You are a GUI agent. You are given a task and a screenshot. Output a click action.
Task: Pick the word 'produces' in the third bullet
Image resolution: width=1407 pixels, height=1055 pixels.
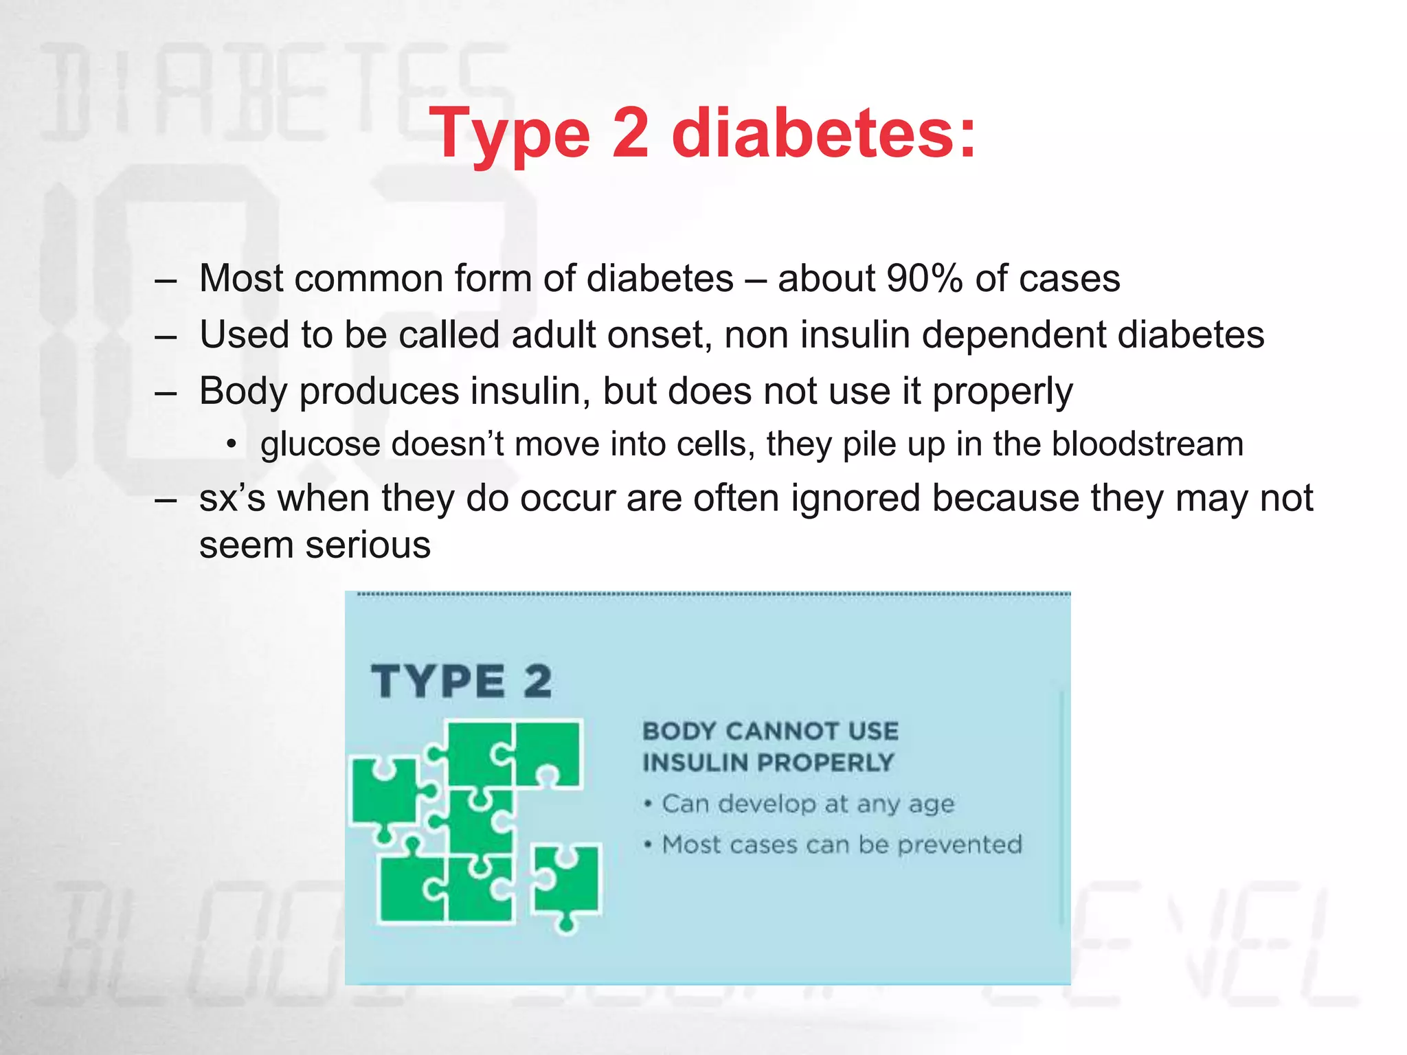click(x=379, y=392)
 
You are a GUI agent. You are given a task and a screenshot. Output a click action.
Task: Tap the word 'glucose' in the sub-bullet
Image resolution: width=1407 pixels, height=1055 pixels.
click(x=319, y=444)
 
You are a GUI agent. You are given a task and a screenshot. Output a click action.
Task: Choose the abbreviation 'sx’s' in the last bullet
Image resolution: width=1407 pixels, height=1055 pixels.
click(x=232, y=499)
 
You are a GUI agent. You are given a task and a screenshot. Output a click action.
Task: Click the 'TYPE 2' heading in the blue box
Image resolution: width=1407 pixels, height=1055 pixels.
click(x=462, y=681)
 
